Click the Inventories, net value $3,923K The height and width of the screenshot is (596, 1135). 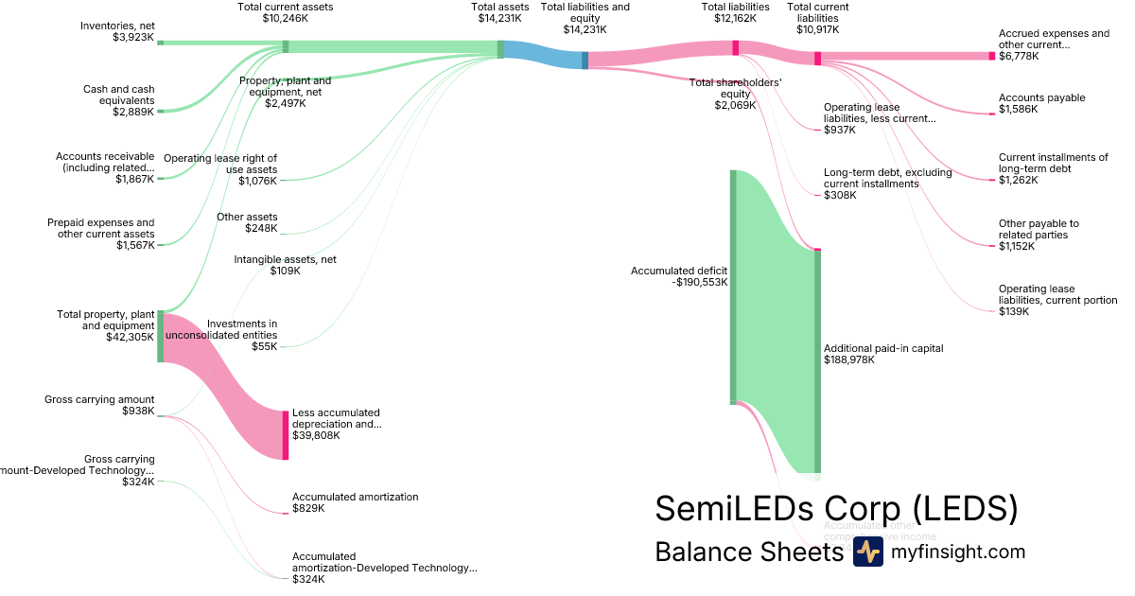pos(133,38)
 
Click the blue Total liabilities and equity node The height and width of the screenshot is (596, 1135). pos(585,61)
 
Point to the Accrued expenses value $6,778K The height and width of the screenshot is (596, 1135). pos(1019,57)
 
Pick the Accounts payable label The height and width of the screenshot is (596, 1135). pos(1041,97)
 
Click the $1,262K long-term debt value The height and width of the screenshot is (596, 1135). pos(1018,180)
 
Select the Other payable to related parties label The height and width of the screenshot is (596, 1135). pos(1039,229)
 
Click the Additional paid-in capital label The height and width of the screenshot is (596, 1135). pos(883,348)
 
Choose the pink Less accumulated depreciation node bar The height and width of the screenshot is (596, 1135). pos(285,435)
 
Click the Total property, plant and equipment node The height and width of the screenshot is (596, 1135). pos(161,336)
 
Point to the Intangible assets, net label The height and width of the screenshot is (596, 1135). pos(285,259)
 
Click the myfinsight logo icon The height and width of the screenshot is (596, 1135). pos(867,552)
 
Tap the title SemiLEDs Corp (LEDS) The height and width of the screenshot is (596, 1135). pos(836,508)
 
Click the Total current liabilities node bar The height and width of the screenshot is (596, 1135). pos(817,59)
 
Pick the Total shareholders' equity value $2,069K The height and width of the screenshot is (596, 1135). pos(735,105)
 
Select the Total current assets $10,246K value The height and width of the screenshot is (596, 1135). pos(285,18)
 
